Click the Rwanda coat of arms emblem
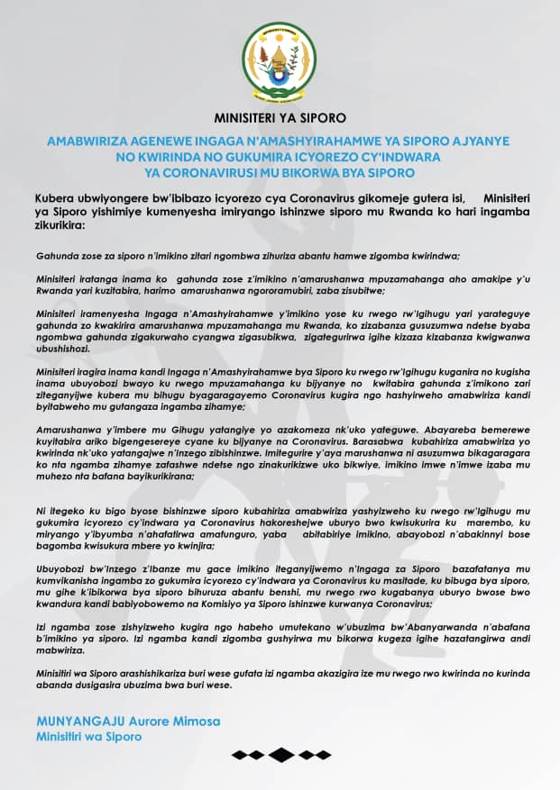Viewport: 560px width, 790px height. coord(280,59)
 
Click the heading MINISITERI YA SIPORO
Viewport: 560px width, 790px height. coord(280,117)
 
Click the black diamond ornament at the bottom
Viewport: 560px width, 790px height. coord(280,755)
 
